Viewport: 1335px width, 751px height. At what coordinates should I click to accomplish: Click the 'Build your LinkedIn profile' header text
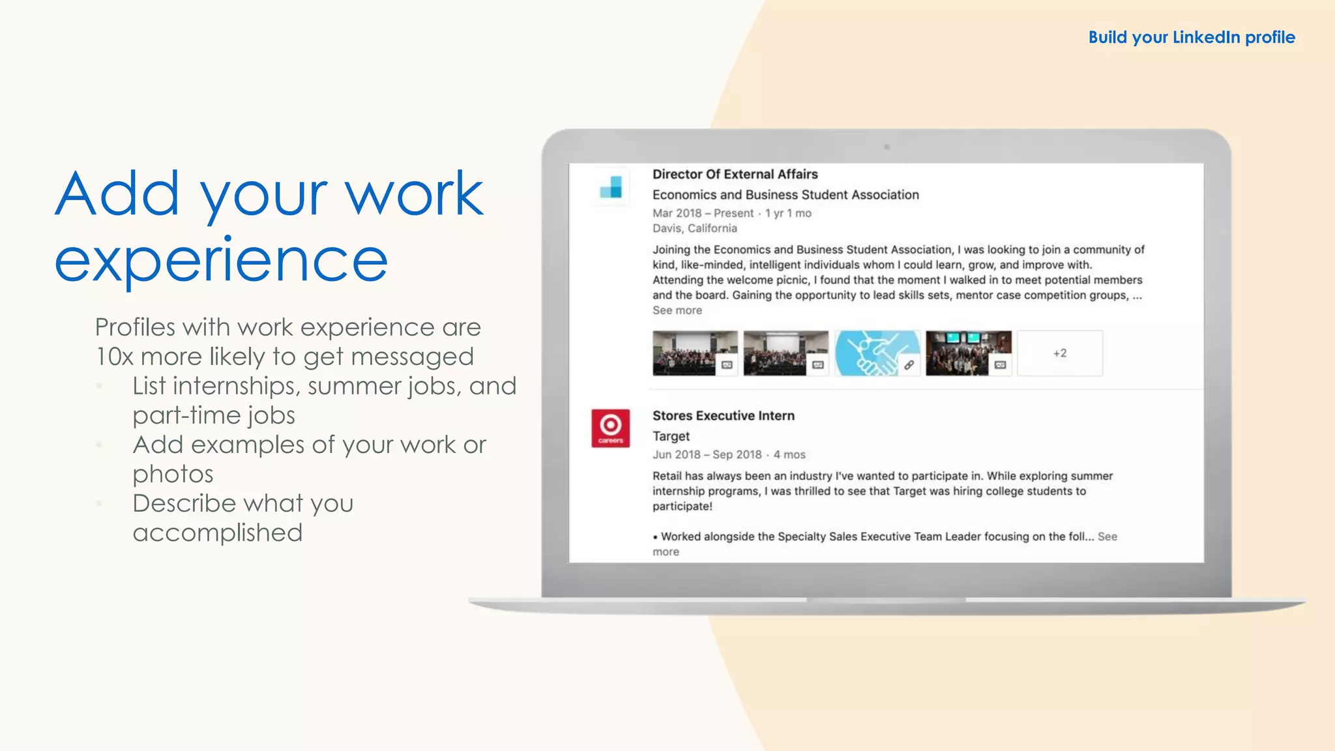(1191, 37)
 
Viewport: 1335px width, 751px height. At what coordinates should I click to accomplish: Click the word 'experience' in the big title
(221, 261)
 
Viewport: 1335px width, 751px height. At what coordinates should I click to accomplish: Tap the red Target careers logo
(610, 428)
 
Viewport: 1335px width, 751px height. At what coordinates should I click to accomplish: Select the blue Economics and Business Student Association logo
(611, 187)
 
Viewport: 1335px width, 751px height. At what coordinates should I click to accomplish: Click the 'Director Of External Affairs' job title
(735, 174)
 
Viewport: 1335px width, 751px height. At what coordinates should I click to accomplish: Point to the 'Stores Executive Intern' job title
(723, 416)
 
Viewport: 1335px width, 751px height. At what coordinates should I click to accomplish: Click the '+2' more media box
(1059, 353)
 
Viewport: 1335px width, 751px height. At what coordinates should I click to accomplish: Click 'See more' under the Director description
(677, 310)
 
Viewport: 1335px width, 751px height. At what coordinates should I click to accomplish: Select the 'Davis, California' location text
(694, 228)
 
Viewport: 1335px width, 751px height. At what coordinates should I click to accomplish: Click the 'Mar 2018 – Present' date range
(703, 213)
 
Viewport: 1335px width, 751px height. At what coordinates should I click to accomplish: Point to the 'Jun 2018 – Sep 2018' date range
(707, 454)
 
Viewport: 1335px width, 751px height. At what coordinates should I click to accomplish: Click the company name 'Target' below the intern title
(671, 436)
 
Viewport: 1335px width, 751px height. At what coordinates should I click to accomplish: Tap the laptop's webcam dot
(887, 147)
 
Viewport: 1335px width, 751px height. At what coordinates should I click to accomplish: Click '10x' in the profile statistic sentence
(113, 357)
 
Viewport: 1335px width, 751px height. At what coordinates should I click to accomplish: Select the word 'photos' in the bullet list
(173, 474)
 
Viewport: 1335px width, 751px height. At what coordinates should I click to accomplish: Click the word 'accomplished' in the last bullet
(217, 533)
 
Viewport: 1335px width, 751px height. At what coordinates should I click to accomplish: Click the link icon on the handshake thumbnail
(909, 365)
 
